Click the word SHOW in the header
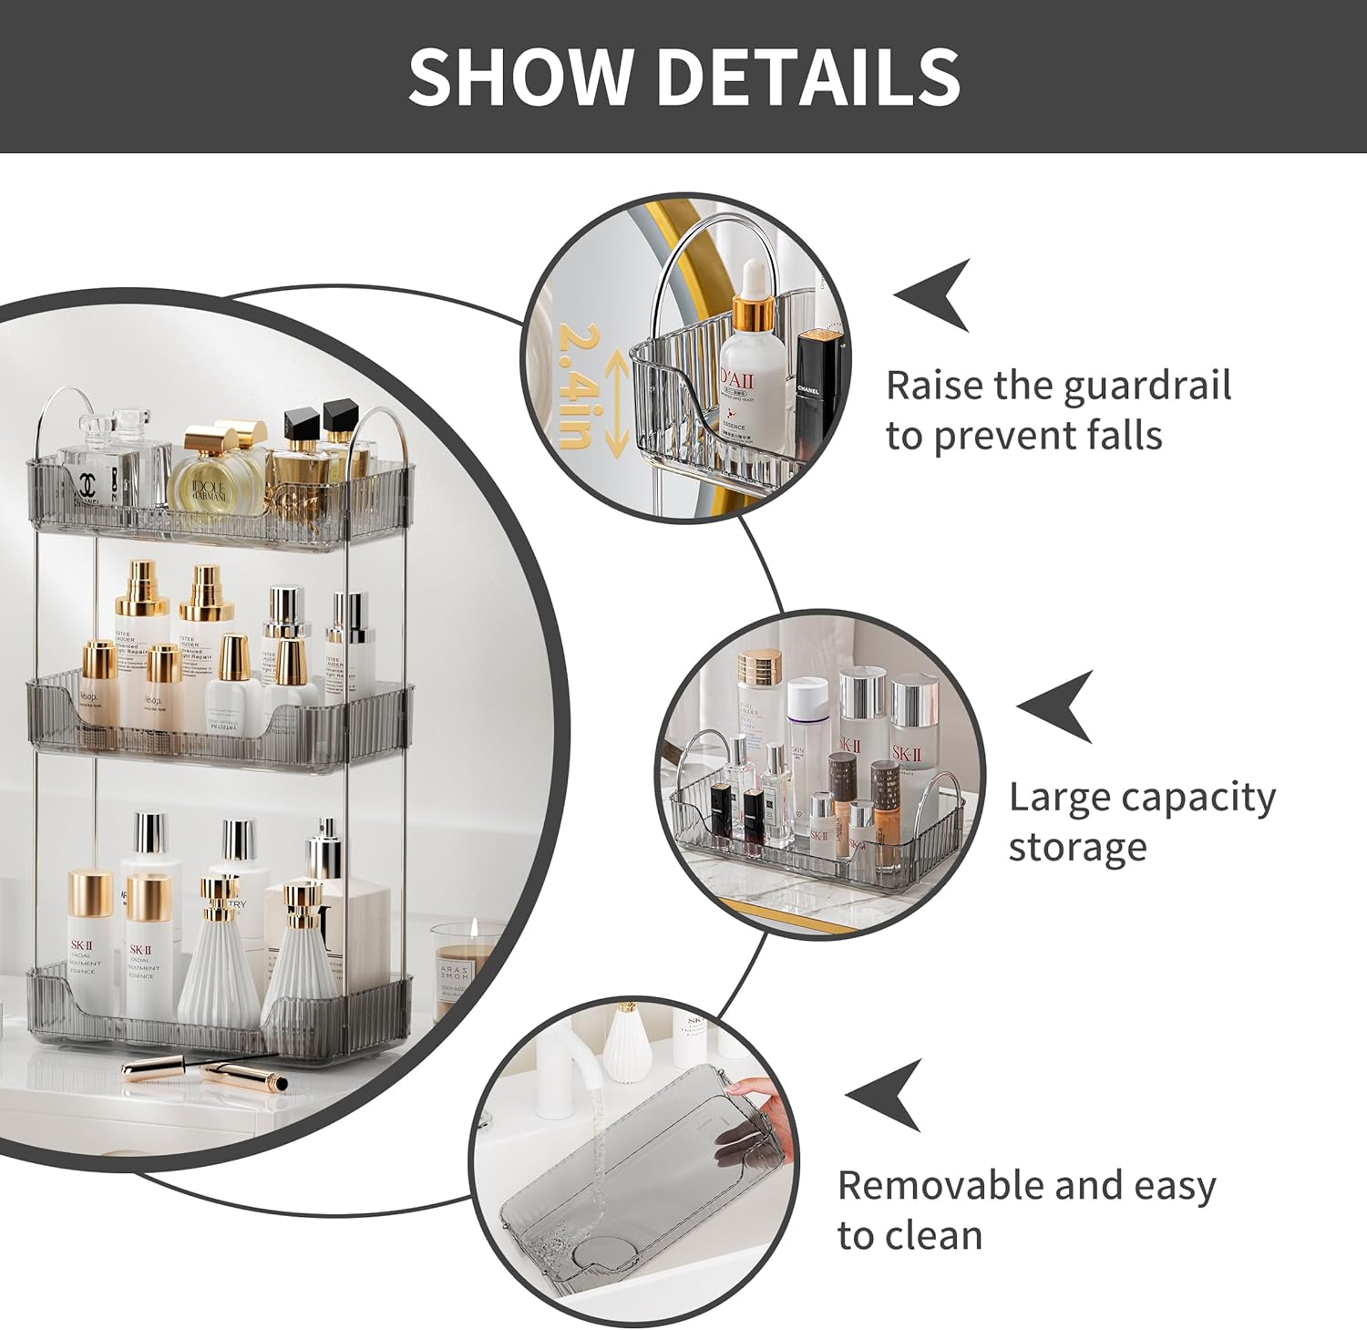tap(520, 76)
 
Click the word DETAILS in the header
tap(808, 76)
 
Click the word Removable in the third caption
tap(939, 1186)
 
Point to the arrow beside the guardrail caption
tap(933, 294)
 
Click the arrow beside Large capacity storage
tap(1057, 706)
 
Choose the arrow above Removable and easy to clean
tap(885, 1095)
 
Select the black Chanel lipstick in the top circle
tap(807, 387)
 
